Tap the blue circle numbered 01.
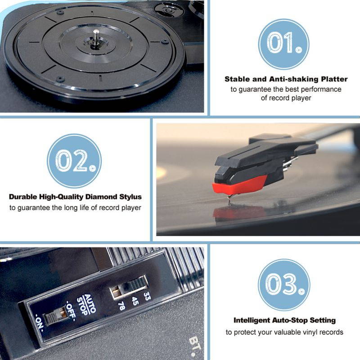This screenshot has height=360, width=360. click(x=283, y=44)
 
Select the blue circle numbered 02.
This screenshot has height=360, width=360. click(x=74, y=161)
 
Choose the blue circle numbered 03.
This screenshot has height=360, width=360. click(x=283, y=285)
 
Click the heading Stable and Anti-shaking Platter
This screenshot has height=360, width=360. click(x=286, y=79)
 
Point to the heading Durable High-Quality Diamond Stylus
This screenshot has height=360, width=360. click(x=75, y=197)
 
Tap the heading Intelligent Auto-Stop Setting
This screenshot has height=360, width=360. click(x=284, y=320)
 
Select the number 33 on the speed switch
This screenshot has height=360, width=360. click(x=147, y=296)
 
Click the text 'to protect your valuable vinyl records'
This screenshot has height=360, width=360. click(x=284, y=332)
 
